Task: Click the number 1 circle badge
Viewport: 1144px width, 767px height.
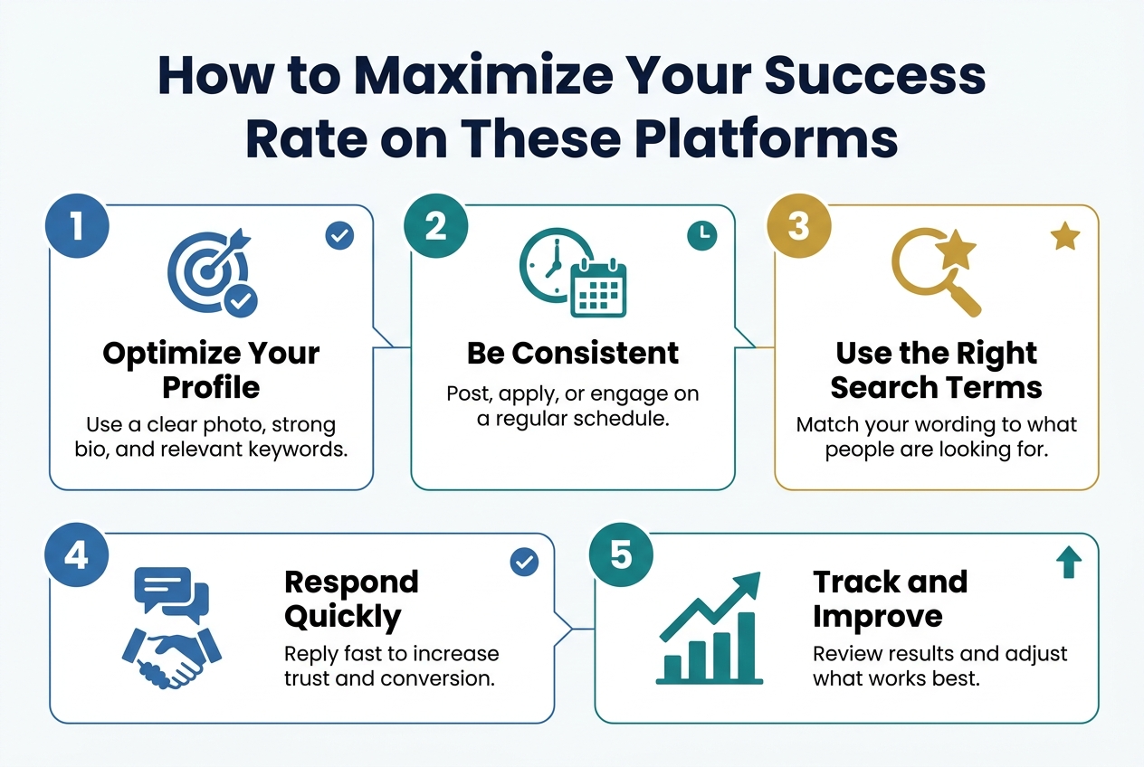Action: pyautogui.click(x=77, y=226)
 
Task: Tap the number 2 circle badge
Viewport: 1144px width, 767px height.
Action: pyautogui.click(x=435, y=226)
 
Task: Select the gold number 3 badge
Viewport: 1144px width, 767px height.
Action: pyautogui.click(x=797, y=226)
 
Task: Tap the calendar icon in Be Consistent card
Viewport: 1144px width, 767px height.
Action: pyautogui.click(x=598, y=289)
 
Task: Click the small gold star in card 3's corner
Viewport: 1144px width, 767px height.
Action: pyautogui.click(x=1064, y=237)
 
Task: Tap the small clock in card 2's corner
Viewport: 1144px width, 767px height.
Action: pyautogui.click(x=701, y=236)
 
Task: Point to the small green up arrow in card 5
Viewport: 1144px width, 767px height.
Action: pyautogui.click(x=1069, y=565)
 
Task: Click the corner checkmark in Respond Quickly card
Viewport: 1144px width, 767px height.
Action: pyautogui.click(x=524, y=563)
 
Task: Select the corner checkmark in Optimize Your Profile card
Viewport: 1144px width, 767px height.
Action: pyautogui.click(x=339, y=236)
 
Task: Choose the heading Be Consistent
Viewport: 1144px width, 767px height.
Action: pyautogui.click(x=573, y=354)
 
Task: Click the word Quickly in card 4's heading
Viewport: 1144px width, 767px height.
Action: pyautogui.click(x=342, y=617)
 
